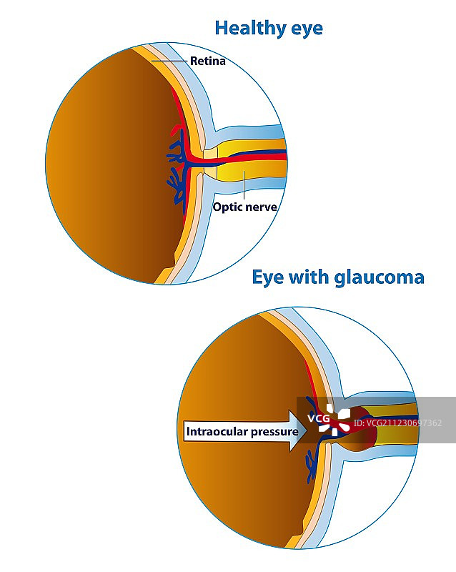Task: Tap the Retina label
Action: (x=207, y=61)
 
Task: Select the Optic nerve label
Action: (x=244, y=207)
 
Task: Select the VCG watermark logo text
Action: (x=319, y=418)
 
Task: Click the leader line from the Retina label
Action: (x=172, y=61)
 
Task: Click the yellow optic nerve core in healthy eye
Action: (x=243, y=172)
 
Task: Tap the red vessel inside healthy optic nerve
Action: (x=250, y=156)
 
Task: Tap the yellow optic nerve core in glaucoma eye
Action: (x=397, y=433)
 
